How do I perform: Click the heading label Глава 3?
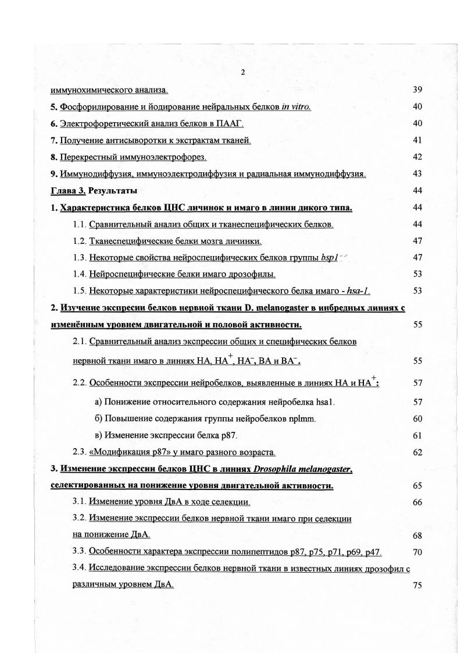(68, 190)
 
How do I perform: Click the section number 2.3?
(80, 452)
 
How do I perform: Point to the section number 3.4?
(80, 568)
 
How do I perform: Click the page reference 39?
(417, 90)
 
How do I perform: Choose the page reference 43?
(417, 174)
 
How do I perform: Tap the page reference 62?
(417, 452)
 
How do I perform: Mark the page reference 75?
(417, 585)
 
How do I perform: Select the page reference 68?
(417, 535)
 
